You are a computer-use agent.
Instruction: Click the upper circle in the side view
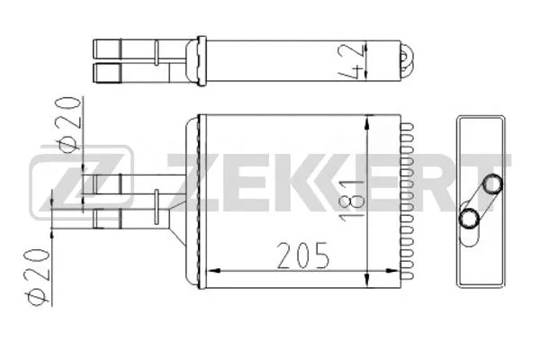tap(492, 185)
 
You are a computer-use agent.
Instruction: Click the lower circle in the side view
tap(469, 218)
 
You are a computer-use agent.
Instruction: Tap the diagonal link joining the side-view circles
tap(481, 202)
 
